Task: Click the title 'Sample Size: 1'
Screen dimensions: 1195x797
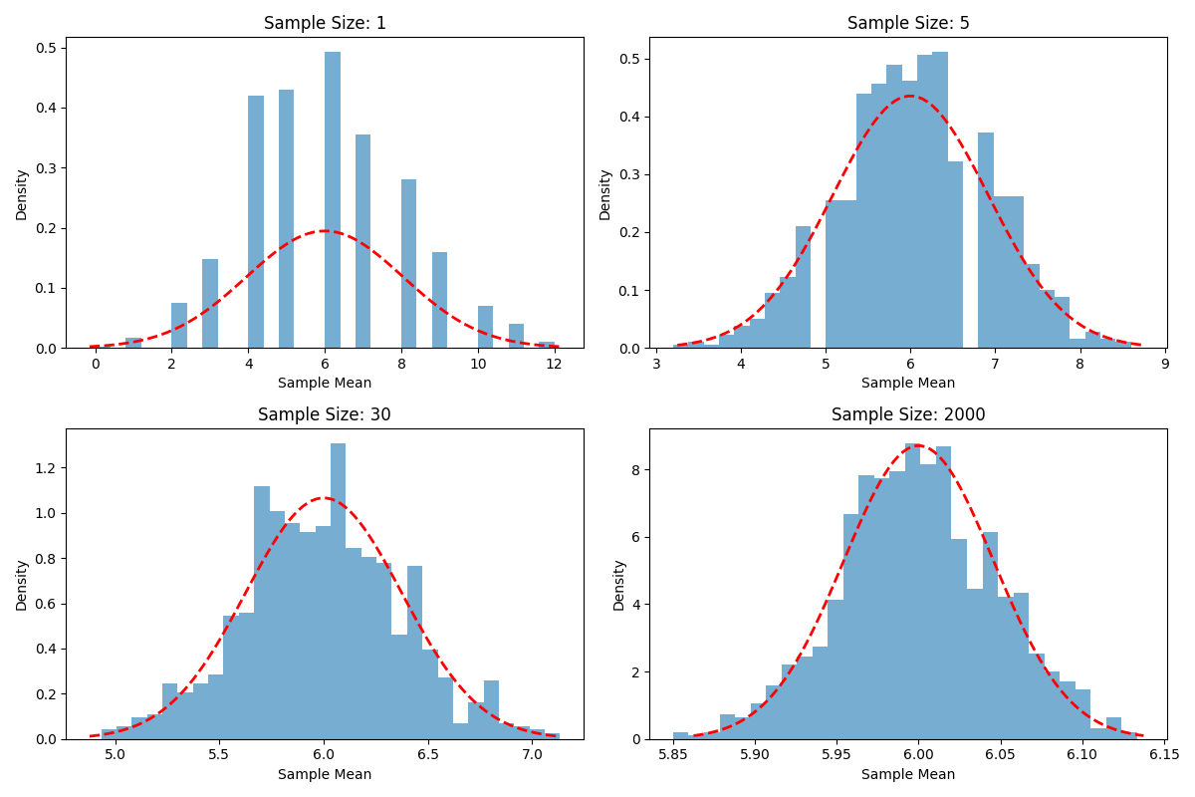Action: (x=325, y=23)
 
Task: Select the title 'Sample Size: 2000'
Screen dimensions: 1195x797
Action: (x=908, y=414)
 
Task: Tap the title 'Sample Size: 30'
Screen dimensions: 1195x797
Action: (x=325, y=414)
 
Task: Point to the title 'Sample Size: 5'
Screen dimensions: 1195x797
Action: (x=908, y=23)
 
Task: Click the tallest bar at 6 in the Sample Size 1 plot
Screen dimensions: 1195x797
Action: (x=333, y=200)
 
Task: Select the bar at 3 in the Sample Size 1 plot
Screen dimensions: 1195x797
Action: (x=210, y=304)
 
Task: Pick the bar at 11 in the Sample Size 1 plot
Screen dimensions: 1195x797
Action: (x=516, y=337)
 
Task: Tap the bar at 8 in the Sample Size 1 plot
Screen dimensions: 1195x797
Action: (x=408, y=264)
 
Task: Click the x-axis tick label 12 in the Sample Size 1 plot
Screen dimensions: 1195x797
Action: (x=555, y=364)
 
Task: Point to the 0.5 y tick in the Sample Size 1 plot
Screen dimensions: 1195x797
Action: (x=46, y=48)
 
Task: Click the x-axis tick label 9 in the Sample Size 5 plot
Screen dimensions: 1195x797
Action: (x=1164, y=364)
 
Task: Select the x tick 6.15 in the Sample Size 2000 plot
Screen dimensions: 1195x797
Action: (x=1164, y=755)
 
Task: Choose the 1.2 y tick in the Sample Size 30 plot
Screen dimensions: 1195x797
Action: (x=46, y=468)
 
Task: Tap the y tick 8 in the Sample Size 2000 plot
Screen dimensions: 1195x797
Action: (x=635, y=470)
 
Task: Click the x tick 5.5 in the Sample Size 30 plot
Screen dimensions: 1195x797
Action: (x=218, y=755)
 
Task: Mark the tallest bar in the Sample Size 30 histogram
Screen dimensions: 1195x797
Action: (x=338, y=592)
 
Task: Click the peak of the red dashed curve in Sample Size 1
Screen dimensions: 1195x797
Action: (x=325, y=230)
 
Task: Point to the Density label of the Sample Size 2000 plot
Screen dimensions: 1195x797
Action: (x=618, y=585)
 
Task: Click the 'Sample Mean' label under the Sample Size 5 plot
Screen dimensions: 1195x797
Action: (x=908, y=383)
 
